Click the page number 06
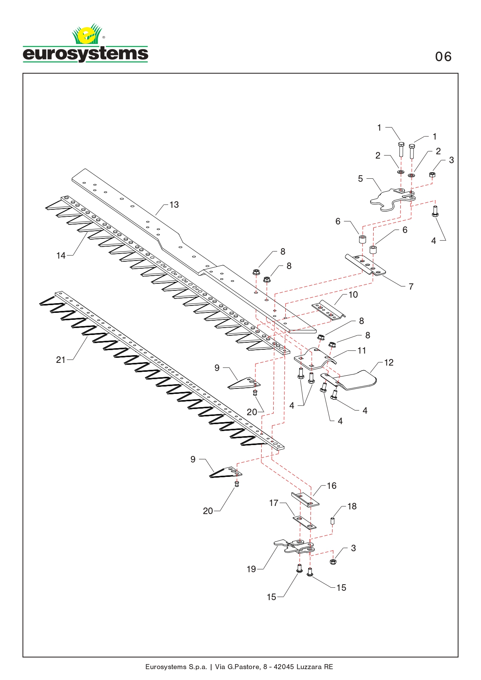(x=443, y=57)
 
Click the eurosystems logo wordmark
(x=85, y=54)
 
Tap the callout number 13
(x=174, y=205)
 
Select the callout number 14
(x=61, y=255)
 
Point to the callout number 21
(x=61, y=360)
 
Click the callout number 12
(x=389, y=362)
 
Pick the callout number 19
(x=252, y=569)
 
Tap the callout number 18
(x=352, y=506)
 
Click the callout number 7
(x=411, y=286)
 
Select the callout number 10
(x=353, y=295)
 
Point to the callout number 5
(x=360, y=179)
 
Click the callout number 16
(x=332, y=486)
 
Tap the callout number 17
(x=274, y=503)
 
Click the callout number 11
(x=362, y=350)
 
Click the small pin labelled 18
(x=332, y=521)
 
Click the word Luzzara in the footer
(x=309, y=667)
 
